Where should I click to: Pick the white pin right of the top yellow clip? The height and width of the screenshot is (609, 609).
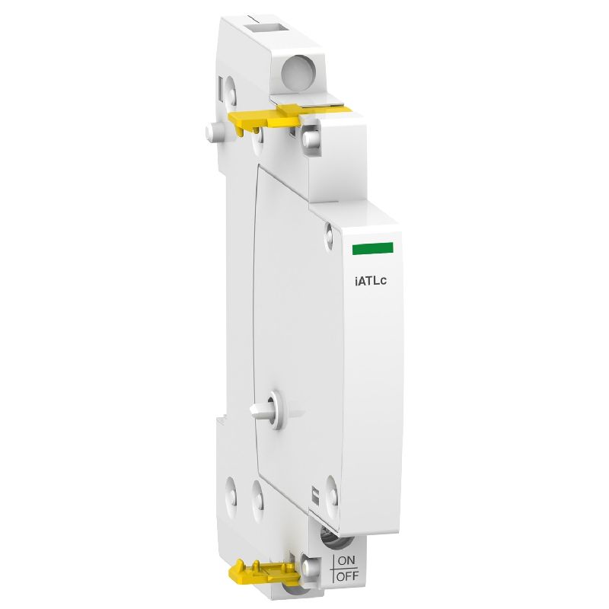[311, 138]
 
